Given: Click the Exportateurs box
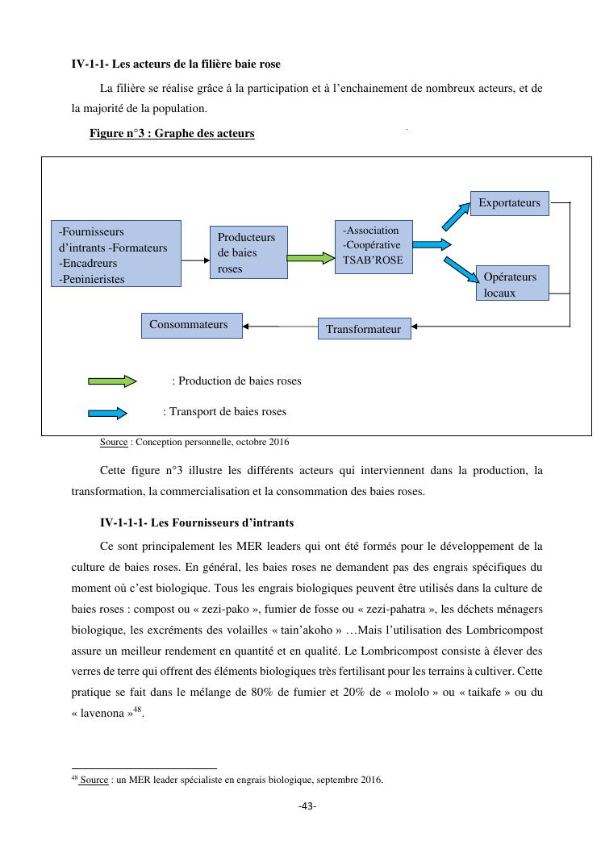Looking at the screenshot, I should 509,203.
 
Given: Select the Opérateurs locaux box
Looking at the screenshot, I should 511,283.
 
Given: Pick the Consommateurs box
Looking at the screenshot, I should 192,325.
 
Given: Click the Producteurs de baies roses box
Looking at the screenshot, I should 248,252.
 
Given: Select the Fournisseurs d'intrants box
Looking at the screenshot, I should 115,253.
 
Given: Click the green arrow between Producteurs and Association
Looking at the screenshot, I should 311,259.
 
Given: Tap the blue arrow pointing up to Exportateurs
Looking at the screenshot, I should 454,215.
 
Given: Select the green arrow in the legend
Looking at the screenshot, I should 112,381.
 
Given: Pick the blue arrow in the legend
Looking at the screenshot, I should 107,413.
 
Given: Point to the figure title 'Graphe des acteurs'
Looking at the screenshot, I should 208,133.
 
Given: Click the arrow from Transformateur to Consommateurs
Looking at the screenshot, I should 282,326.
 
